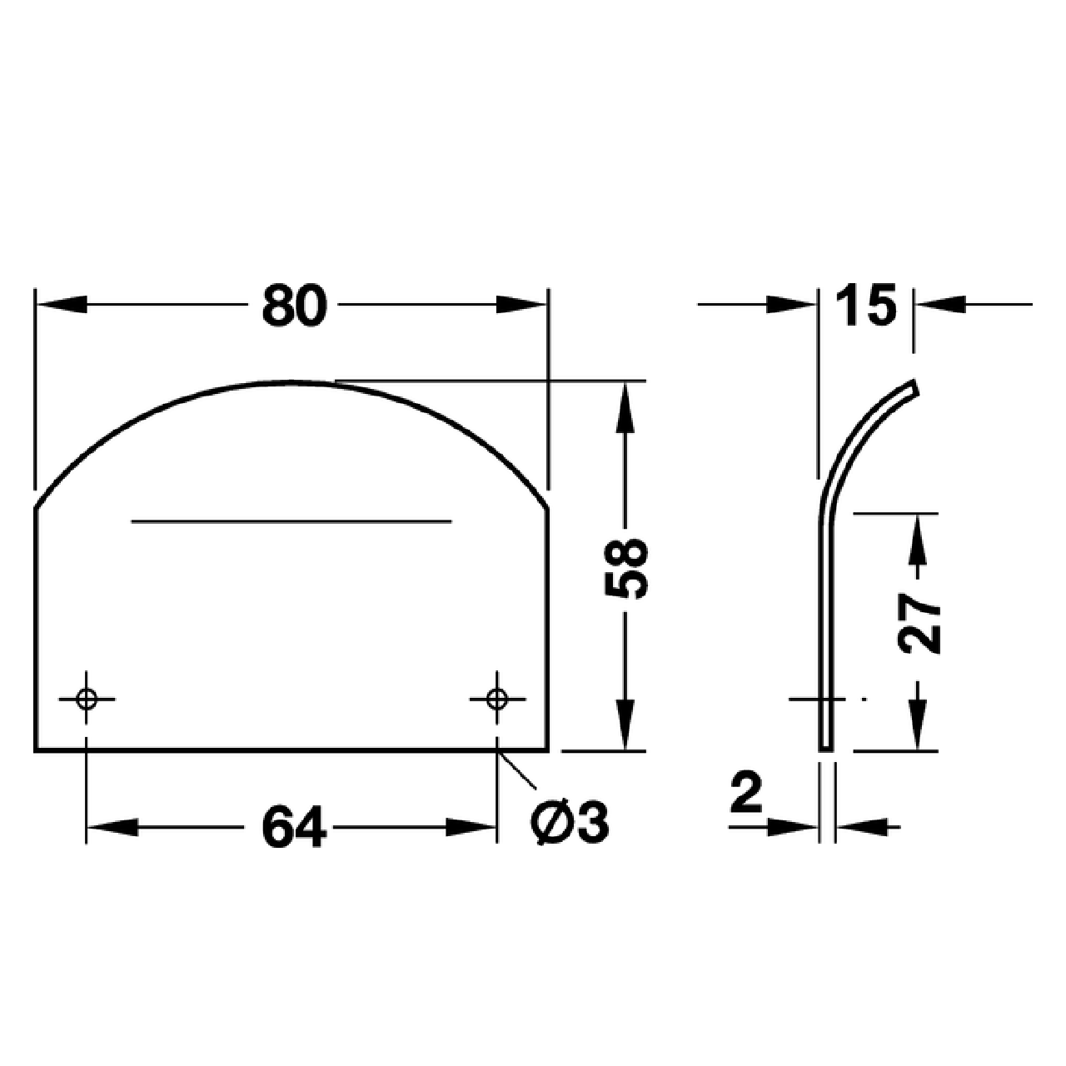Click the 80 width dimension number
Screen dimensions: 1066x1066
pos(293,306)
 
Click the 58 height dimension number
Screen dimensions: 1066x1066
pos(625,569)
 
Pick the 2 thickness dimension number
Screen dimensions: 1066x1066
pos(746,793)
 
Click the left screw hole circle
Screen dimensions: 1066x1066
pos(86,698)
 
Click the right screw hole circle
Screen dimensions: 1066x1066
pos(497,698)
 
